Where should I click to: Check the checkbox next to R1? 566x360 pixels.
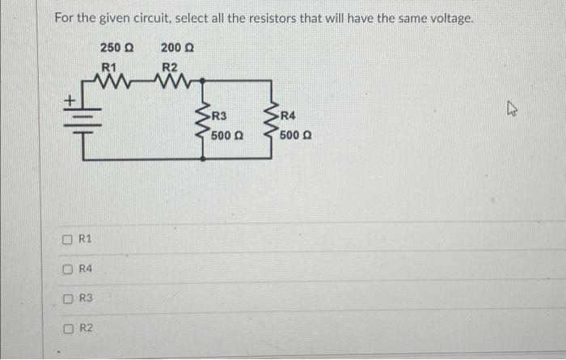[70, 239]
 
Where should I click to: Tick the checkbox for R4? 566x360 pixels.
[70, 269]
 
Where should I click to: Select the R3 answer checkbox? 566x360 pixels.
[70, 299]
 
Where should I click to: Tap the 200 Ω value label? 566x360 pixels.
[175, 48]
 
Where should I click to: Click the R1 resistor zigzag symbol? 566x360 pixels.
[109, 80]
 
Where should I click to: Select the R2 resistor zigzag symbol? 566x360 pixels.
[171, 80]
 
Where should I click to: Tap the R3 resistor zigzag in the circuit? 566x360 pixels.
[204, 125]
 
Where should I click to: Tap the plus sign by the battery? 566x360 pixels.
[70, 101]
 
